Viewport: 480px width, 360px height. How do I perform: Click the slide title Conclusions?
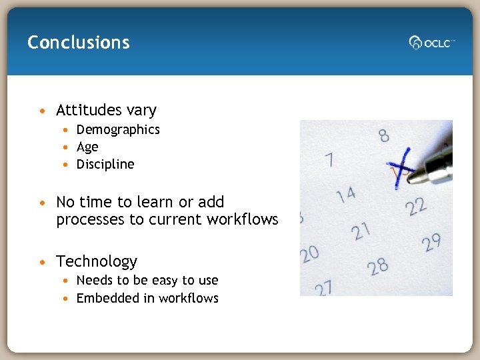pos(79,43)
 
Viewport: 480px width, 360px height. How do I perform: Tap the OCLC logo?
pos(431,43)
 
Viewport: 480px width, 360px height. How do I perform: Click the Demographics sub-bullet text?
pos(118,129)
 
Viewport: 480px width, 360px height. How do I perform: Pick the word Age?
pos(87,147)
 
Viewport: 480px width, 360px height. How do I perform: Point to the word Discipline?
pos(105,164)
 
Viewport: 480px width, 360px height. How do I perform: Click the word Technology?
pos(97,261)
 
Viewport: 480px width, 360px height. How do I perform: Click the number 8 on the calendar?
pos(384,135)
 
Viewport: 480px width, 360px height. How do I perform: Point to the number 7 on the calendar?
pos(329,161)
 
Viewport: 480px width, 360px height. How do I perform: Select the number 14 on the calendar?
pos(345,195)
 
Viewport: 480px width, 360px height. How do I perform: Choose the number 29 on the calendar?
pos(431,242)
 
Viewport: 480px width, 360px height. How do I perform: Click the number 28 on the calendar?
pos(377,267)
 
